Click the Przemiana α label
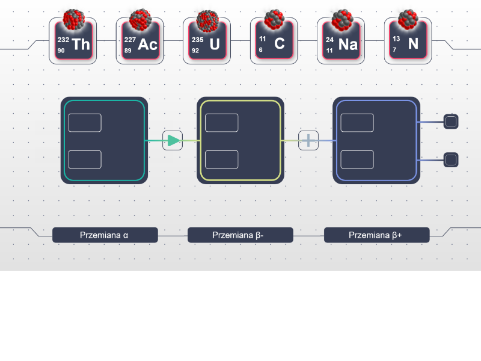[105, 235]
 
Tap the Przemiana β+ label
[376, 235]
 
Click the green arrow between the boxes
[173, 141]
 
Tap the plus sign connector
[308, 141]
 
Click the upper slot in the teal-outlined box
[85, 122]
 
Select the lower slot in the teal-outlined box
[85, 159]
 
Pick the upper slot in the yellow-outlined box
[221, 122]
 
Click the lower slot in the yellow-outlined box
[221, 159]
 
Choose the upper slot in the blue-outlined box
[357, 122]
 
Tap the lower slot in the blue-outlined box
[357, 159]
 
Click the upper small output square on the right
[451, 122]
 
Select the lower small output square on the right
[451, 160]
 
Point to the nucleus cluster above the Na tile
[342, 19]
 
